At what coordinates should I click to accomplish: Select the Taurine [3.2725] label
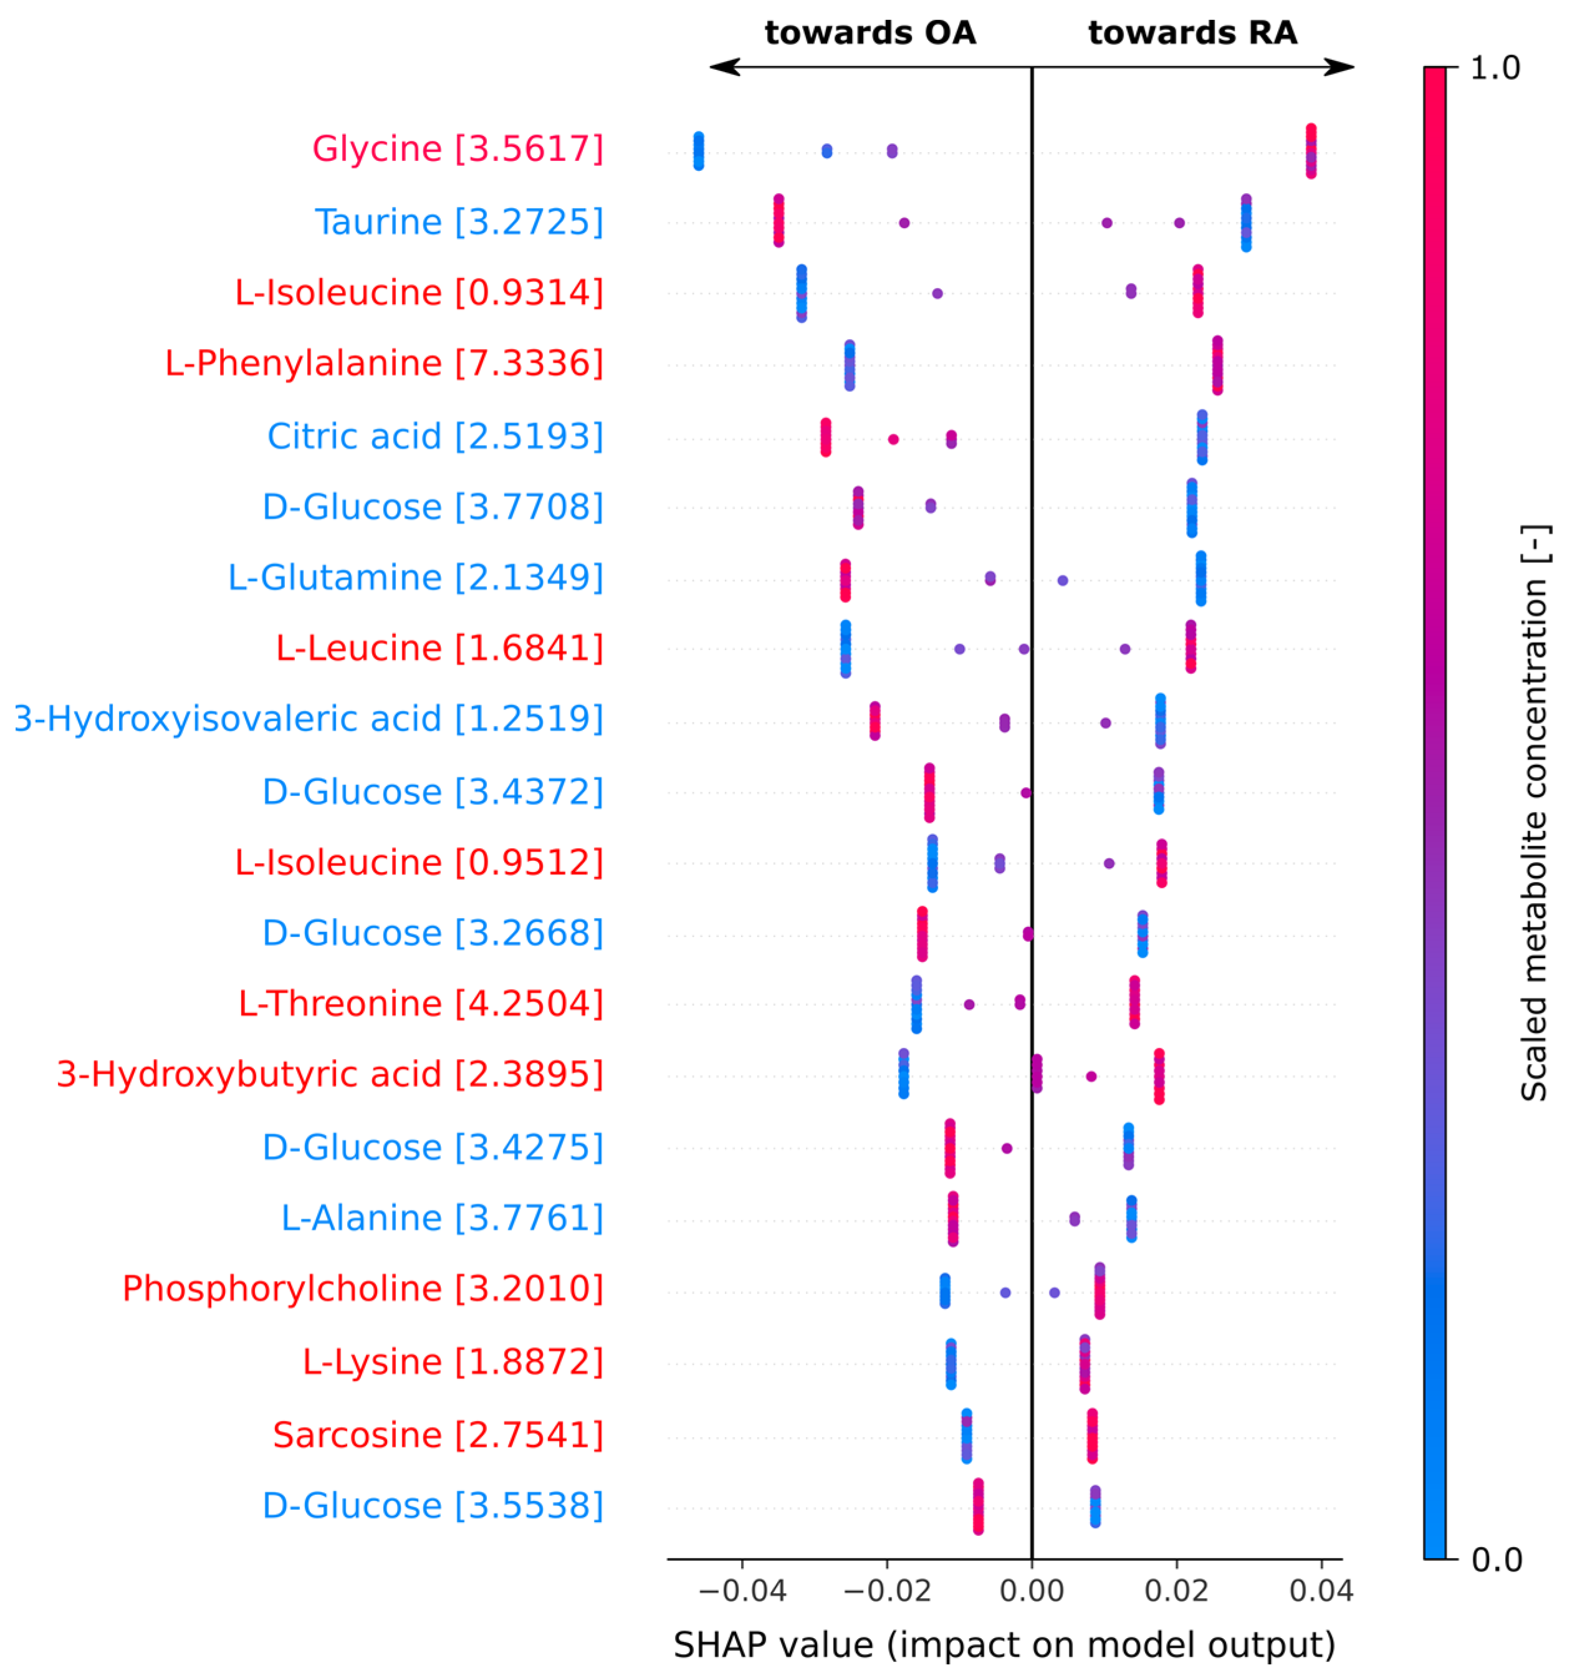click(459, 222)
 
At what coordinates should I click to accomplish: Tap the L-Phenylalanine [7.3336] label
click(384, 363)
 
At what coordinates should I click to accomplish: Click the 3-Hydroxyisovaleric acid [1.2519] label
click(309, 719)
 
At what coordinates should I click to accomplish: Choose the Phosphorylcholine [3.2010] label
click(363, 1289)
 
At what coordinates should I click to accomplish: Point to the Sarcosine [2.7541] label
click(438, 1435)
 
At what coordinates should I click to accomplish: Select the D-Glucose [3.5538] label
click(433, 1506)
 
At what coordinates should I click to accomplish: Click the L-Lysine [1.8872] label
click(453, 1361)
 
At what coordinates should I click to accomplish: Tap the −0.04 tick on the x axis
click(743, 1591)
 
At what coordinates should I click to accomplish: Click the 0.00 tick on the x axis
click(1032, 1591)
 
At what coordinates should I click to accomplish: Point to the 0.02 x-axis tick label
click(1175, 1591)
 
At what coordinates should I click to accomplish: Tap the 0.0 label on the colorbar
click(1496, 1560)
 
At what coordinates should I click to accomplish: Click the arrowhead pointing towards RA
click(1341, 67)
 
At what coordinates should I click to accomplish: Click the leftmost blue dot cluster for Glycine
click(698, 151)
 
